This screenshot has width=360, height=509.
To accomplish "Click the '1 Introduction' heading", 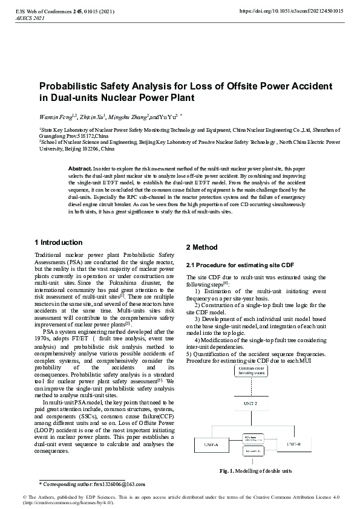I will (x=59, y=242).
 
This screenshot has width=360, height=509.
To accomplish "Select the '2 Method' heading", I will (x=201, y=247).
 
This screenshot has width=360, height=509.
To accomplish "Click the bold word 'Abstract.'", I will (x=80, y=167).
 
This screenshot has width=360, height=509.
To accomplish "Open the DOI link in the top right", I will (x=292, y=11).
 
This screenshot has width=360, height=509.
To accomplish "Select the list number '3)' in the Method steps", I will (x=198, y=318).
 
